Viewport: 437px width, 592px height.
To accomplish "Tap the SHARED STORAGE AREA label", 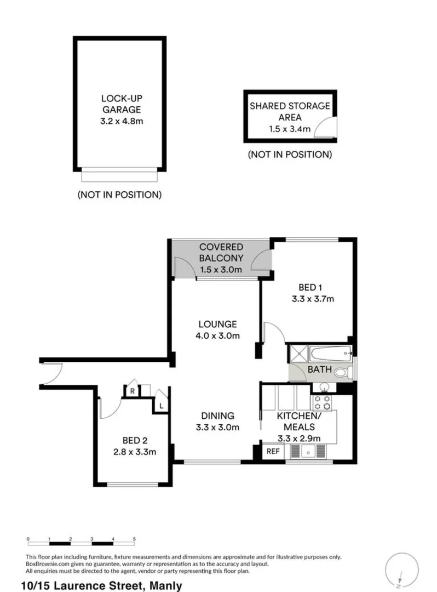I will (x=290, y=111).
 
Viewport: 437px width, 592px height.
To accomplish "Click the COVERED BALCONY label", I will (x=221, y=253).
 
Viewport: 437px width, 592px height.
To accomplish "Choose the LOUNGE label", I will (x=217, y=324).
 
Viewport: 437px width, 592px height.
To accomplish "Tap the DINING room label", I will (x=217, y=415).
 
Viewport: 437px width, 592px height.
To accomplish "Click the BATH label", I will (x=319, y=370).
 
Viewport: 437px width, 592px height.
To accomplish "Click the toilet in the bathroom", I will (x=342, y=372).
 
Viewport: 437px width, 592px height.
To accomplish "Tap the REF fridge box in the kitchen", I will (x=272, y=452).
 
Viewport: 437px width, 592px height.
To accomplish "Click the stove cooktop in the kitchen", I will (x=323, y=403).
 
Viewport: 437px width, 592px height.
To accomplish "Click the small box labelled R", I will (x=132, y=391).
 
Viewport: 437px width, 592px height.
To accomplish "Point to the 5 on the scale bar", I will (x=134, y=539).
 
